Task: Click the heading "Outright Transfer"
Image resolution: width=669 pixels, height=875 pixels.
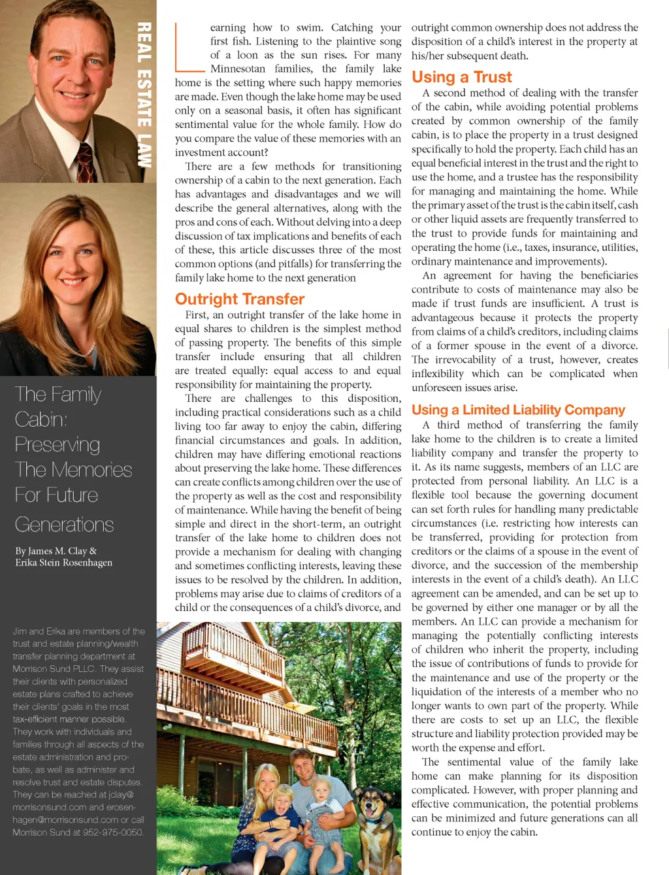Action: pos(240,299)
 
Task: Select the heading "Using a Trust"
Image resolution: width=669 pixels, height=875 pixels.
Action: pos(461,77)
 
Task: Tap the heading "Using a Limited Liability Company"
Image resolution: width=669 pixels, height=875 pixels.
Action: pos(518,410)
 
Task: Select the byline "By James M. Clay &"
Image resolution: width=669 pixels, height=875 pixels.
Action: pos(56,551)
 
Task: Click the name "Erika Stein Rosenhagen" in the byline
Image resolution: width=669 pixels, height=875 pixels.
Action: pos(64,563)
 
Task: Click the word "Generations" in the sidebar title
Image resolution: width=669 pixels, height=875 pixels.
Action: pos(64,525)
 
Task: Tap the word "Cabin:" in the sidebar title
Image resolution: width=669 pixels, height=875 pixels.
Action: pos(41,420)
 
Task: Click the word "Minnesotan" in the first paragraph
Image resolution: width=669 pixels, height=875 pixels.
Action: pos(238,69)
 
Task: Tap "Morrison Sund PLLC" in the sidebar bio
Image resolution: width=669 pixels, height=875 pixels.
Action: pos(54,669)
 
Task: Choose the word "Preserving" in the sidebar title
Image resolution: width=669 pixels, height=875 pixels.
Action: pos(57,445)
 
